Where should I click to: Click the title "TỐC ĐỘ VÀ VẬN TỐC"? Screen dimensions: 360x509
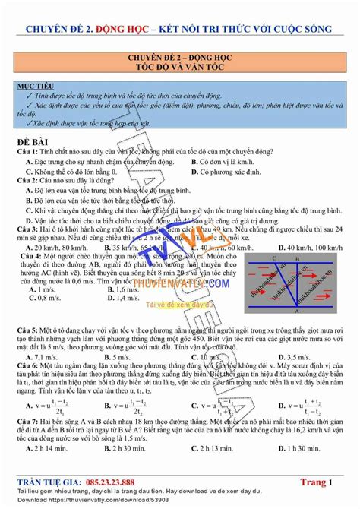point(180,66)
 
